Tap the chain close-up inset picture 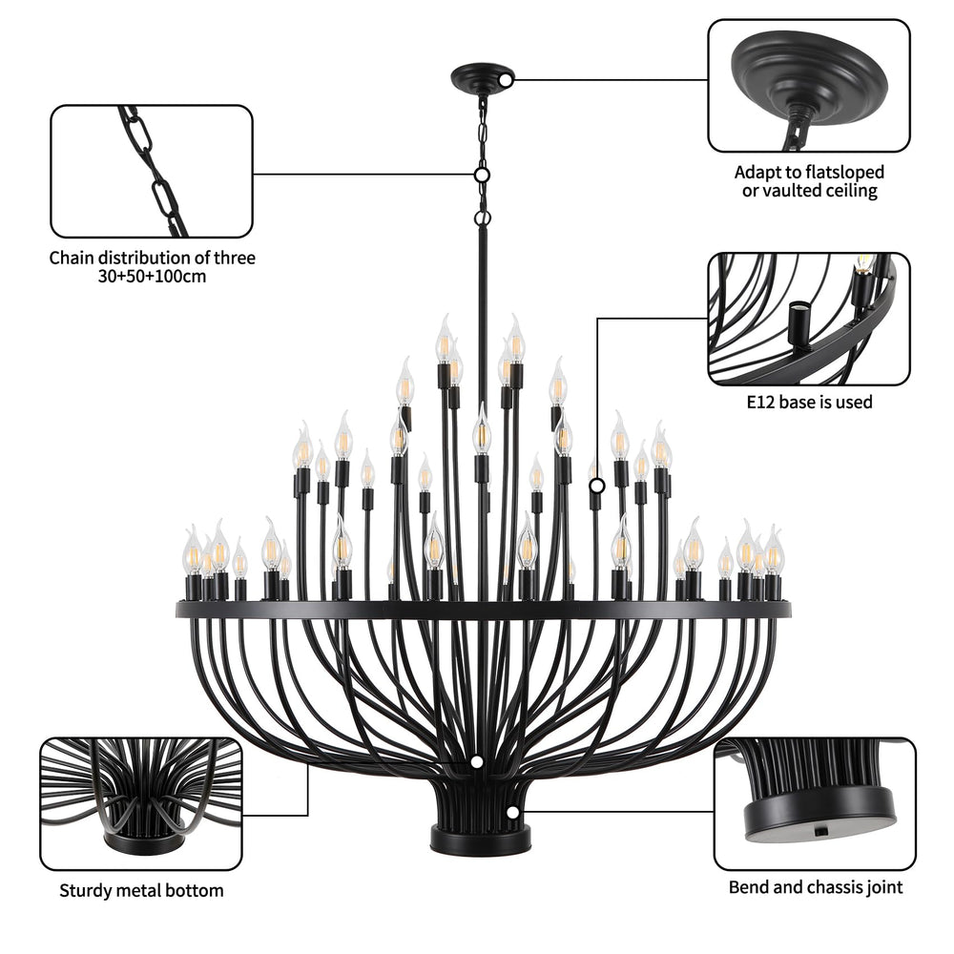152,171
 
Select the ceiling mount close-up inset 808,86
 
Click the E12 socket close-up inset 808,318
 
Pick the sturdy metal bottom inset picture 140,803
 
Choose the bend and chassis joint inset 814,803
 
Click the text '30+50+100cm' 153,277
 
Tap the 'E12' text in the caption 762,402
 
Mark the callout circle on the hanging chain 483,175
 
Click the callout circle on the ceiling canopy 506,80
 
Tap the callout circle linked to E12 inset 597,486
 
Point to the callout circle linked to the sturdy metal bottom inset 476,762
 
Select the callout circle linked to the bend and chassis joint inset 513,812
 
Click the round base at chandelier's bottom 480,840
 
